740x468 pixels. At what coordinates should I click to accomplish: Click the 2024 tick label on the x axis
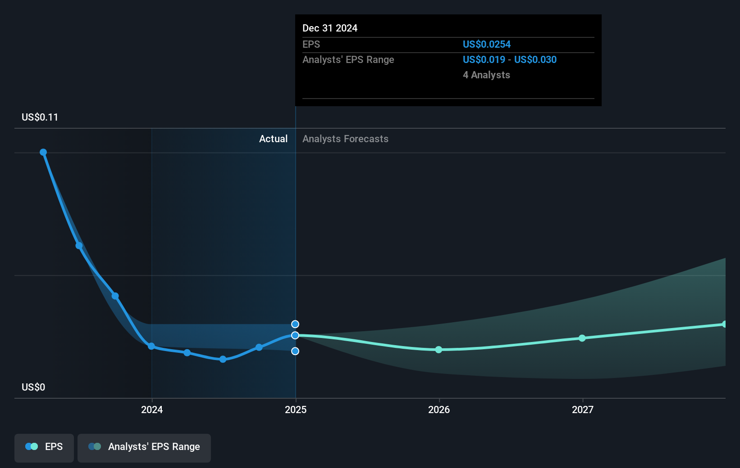(x=152, y=409)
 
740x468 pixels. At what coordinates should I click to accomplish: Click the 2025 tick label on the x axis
(x=296, y=409)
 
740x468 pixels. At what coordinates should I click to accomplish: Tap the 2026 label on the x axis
(x=439, y=409)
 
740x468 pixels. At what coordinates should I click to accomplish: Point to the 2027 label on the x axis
(x=583, y=409)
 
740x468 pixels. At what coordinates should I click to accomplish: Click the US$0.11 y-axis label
(x=40, y=117)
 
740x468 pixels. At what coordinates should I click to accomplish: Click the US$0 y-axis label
(x=33, y=387)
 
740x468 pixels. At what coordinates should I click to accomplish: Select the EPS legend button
(x=44, y=447)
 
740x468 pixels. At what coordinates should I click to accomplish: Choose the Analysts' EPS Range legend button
(x=144, y=447)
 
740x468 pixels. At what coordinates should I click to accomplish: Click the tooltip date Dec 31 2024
(x=330, y=28)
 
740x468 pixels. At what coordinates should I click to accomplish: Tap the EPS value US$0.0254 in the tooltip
(x=487, y=45)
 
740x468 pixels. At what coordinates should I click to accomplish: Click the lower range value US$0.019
(x=484, y=60)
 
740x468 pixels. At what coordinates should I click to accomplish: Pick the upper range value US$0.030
(x=535, y=60)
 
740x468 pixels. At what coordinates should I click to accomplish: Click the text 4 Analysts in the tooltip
(x=486, y=75)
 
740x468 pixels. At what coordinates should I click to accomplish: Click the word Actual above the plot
(x=273, y=139)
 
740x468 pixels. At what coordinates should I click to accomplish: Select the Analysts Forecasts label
(x=345, y=139)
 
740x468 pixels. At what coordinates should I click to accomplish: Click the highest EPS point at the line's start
(x=43, y=152)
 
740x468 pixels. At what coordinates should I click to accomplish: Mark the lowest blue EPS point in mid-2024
(x=223, y=359)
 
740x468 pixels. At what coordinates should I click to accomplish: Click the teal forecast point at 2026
(x=439, y=350)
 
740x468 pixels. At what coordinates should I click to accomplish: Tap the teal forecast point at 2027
(x=582, y=338)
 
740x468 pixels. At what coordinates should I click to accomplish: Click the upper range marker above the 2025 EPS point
(x=295, y=324)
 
